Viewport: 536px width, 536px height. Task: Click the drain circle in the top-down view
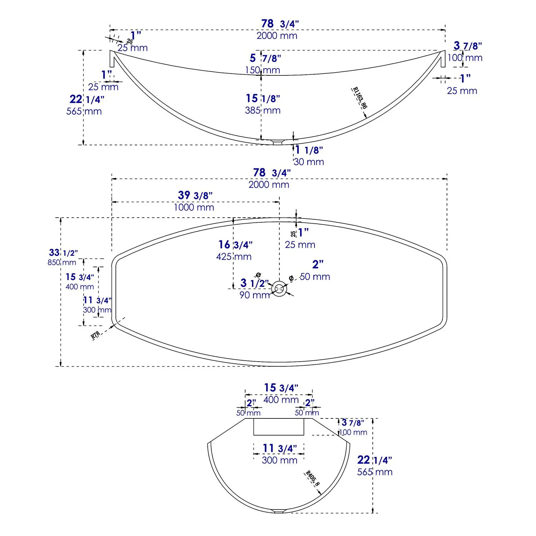(279, 289)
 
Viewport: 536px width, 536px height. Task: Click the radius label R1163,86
(359, 98)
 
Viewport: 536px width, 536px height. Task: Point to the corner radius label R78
(95, 335)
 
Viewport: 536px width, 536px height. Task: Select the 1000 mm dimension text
(194, 207)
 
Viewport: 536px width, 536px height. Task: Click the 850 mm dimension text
(62, 263)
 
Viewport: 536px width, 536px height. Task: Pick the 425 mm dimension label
(234, 257)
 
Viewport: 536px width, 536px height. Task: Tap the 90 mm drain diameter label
(254, 295)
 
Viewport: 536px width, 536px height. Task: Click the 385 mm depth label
(263, 110)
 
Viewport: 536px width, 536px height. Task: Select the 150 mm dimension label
(263, 70)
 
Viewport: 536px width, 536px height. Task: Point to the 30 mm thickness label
(309, 162)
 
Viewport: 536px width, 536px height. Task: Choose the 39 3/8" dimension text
(195, 195)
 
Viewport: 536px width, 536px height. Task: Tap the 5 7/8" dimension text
(265, 58)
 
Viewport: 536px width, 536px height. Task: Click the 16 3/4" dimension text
(235, 244)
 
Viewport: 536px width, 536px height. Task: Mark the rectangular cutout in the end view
(279, 427)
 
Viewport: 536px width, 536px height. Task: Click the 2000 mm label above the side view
(277, 36)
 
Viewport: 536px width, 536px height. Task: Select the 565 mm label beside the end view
(375, 472)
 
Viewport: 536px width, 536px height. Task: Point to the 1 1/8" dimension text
(309, 150)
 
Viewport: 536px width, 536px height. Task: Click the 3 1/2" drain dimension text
(254, 283)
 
